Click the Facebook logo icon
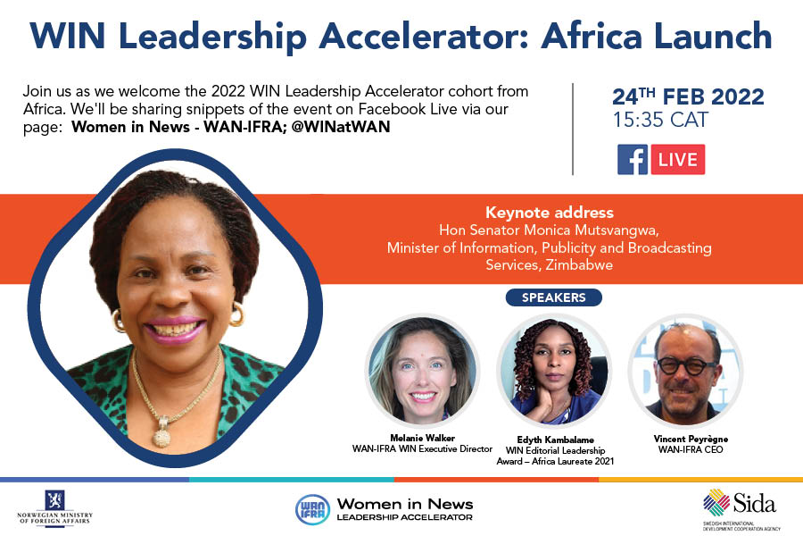pos(633,159)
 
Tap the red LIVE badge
pos(677,159)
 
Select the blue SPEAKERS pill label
pos(553,297)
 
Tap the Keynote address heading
pos(549,213)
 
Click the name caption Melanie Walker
pos(422,439)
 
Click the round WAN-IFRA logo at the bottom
pos(312,508)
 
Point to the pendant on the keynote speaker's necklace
pos(162,435)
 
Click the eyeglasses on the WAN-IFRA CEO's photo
pos(686,366)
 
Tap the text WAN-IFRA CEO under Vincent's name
pos(685,449)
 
